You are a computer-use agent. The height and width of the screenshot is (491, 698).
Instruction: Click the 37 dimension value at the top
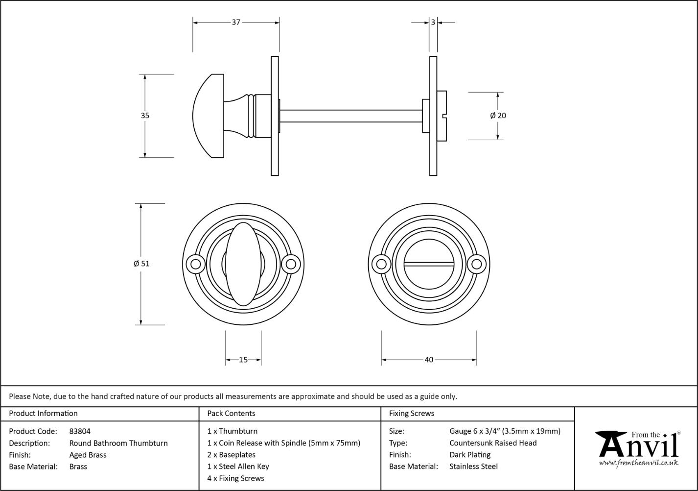point(236,22)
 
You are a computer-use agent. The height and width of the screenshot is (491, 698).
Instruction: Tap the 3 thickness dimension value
point(433,22)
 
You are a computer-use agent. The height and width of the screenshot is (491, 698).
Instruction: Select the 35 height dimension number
point(145,116)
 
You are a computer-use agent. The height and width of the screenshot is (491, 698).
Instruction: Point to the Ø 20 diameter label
point(498,116)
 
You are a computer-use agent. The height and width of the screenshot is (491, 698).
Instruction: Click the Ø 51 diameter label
point(141,264)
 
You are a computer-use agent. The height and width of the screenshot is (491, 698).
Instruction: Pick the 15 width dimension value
point(243,360)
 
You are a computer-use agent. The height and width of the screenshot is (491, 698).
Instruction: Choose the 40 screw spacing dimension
point(429,360)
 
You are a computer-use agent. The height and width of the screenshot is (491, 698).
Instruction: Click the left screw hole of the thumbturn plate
point(196,264)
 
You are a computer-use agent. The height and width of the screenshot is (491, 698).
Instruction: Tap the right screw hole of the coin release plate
point(476,264)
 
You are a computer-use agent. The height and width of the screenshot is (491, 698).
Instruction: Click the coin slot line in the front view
point(429,264)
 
